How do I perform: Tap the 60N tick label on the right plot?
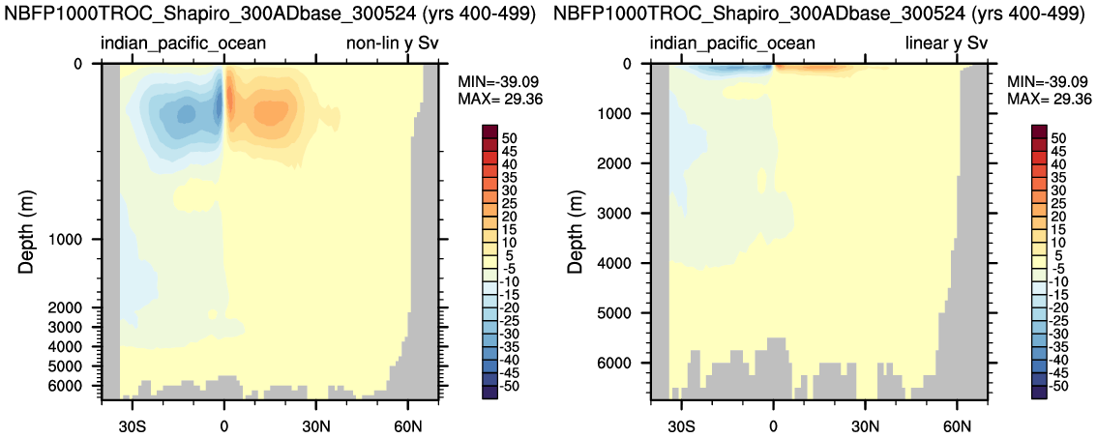point(957,425)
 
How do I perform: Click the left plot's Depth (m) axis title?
point(26,230)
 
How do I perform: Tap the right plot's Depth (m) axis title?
point(576,230)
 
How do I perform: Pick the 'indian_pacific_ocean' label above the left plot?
point(183,44)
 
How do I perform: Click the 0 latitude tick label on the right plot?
point(773,425)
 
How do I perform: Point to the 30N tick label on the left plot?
point(316,425)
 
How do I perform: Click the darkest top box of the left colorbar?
point(489,132)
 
